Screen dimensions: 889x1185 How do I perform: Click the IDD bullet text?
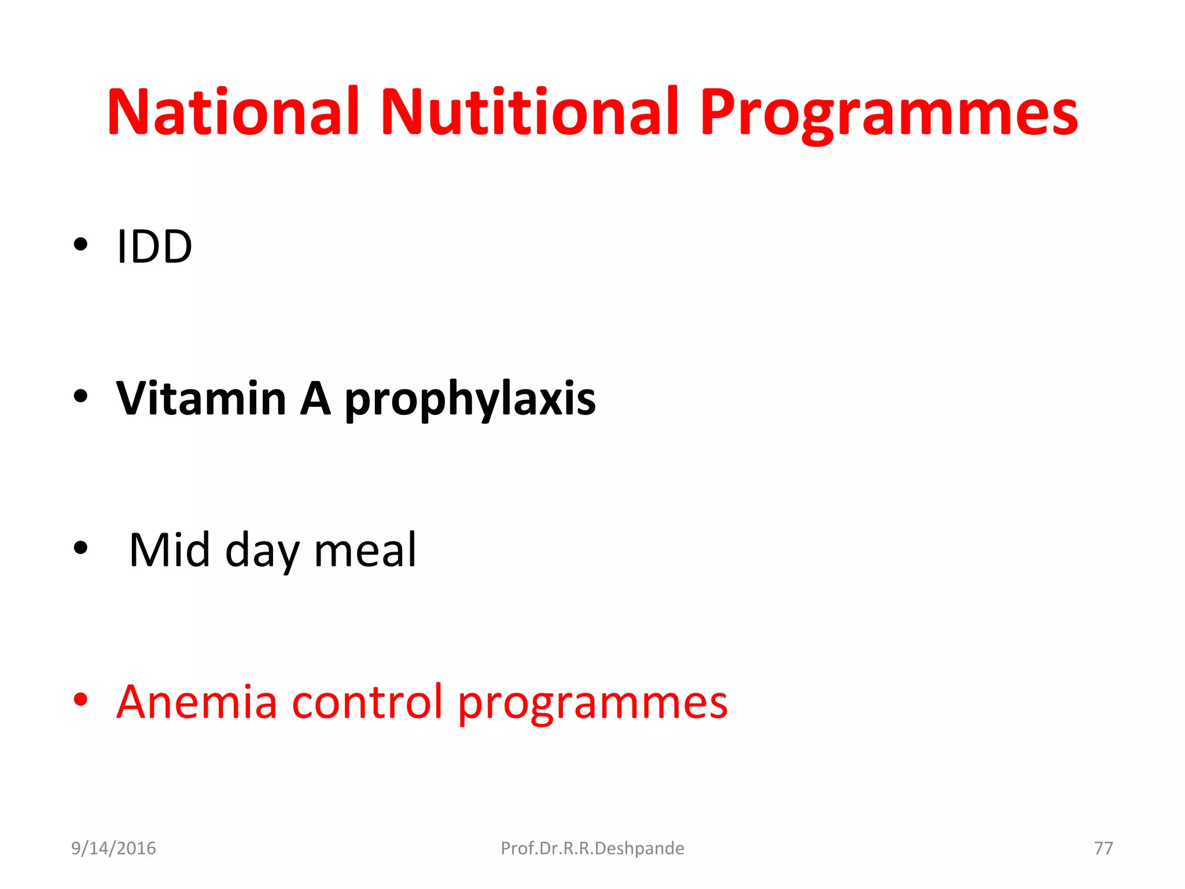point(154,247)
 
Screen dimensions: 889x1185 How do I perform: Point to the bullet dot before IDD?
point(80,244)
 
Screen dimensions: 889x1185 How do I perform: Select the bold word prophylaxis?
point(470,401)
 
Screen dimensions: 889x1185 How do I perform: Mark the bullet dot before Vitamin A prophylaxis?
point(80,396)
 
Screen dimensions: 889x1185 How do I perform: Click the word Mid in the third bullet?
point(169,550)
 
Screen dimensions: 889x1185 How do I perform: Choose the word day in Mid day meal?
point(262,552)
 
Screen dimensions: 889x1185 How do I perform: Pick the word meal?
point(365,550)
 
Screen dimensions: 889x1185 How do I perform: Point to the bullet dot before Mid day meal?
point(80,548)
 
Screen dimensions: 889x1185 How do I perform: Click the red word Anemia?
point(197,701)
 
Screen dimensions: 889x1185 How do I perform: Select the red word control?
point(367,701)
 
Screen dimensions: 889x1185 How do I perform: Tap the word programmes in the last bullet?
point(592,704)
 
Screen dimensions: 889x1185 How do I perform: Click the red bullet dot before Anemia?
point(80,699)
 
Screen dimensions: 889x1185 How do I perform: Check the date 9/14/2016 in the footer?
point(113,848)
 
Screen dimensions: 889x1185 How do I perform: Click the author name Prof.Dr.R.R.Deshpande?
point(592,848)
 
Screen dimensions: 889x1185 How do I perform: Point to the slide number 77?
point(1103,848)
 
